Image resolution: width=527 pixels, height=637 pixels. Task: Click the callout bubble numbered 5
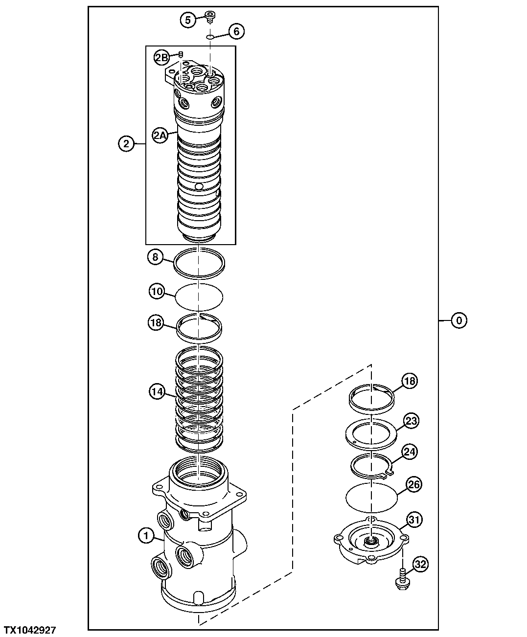pyautogui.click(x=187, y=20)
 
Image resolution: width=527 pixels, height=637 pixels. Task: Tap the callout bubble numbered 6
pyautogui.click(x=236, y=31)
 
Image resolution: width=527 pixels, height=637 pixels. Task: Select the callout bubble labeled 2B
pyautogui.click(x=161, y=58)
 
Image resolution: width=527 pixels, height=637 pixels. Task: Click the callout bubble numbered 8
pyautogui.click(x=155, y=257)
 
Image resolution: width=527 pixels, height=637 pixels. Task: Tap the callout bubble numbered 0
pyautogui.click(x=459, y=320)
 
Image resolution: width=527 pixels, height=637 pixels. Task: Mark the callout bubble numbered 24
pyautogui.click(x=410, y=452)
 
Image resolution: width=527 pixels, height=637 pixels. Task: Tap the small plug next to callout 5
pyautogui.click(x=210, y=18)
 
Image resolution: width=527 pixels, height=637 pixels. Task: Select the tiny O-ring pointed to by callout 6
pyautogui.click(x=210, y=36)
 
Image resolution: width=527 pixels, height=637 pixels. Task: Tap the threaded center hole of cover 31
pyautogui.click(x=371, y=541)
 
